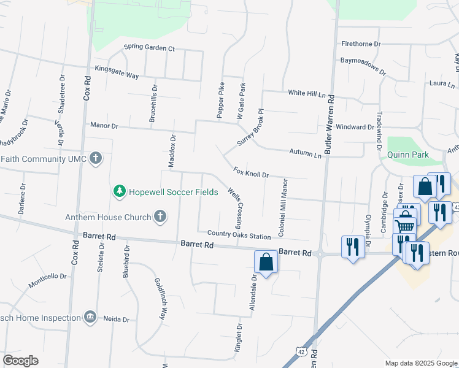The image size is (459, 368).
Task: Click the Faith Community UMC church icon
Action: [95, 159]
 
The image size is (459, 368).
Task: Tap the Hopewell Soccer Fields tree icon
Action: [119, 192]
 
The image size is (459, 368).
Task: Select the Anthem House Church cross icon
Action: [160, 217]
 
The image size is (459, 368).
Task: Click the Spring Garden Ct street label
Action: [149, 47]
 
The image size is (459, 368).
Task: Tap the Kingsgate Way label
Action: [117, 72]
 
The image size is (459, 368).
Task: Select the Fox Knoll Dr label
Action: [251, 172]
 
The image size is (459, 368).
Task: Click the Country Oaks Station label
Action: [239, 235]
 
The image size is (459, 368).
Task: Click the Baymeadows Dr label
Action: [363, 66]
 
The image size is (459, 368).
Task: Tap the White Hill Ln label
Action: [307, 93]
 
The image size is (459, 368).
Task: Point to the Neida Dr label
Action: [117, 319]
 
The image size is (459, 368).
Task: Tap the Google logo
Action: [20, 361]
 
